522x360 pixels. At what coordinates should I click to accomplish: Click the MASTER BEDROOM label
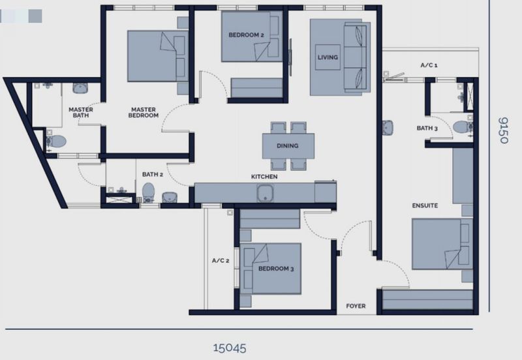(144, 112)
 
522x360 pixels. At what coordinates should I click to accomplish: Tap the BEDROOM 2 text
(247, 35)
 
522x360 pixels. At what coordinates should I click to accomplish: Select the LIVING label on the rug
(328, 57)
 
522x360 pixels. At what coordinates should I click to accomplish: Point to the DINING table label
(288, 145)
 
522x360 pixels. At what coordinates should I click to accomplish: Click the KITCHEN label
(264, 177)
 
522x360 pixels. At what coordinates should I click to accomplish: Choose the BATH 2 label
(153, 174)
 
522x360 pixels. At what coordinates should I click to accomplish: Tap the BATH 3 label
(427, 128)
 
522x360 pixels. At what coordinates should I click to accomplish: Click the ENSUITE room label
(425, 205)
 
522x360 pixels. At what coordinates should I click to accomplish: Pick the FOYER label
(356, 306)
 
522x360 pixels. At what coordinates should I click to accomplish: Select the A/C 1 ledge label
(429, 65)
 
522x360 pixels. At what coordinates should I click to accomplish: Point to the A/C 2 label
(221, 260)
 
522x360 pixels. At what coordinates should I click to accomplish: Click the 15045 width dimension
(230, 348)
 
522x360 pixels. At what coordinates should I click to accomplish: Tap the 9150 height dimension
(503, 130)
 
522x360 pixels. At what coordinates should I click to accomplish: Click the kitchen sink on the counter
(265, 193)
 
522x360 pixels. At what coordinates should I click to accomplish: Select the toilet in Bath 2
(148, 192)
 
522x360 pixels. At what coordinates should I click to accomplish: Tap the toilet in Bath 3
(463, 127)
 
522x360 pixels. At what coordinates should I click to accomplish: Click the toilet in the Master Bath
(56, 142)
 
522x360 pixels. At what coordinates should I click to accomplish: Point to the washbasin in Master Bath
(80, 88)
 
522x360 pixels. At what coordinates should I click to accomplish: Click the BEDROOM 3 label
(276, 269)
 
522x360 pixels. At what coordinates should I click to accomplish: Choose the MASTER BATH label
(81, 112)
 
